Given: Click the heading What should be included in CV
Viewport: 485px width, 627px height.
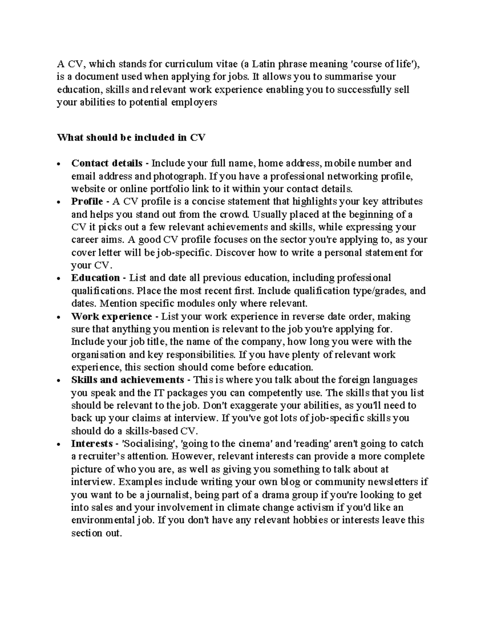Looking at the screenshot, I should tap(131, 137).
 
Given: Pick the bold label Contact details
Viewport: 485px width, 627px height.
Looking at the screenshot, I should tap(107, 163).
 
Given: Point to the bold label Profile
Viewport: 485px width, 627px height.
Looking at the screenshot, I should tap(87, 201).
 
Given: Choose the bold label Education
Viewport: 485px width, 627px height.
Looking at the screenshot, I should tap(95, 278).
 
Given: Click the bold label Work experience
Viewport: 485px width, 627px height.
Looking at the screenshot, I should tap(112, 316).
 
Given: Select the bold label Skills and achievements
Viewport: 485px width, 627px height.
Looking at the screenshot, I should tap(128, 380).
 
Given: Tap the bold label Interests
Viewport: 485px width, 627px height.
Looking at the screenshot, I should tap(92, 444).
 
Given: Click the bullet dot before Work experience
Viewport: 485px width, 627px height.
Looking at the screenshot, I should tap(59, 317).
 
